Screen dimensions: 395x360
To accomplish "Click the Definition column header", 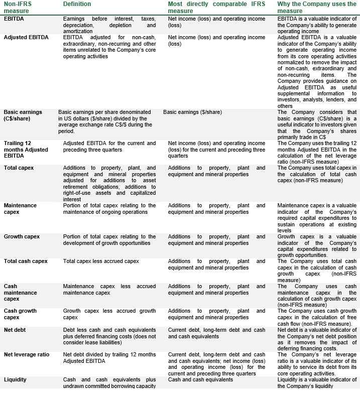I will pyautogui.click(x=77, y=4).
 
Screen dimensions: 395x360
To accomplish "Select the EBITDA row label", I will pyautogui.click(x=14, y=18).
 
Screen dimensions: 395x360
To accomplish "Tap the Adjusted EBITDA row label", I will pyautogui.click(x=27, y=37).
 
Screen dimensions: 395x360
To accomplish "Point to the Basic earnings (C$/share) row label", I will pyautogui.click(x=23, y=115).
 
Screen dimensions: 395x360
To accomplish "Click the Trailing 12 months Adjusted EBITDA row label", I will pyautogui.click(x=26, y=150).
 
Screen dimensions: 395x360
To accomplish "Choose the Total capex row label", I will pyautogui.click(x=19, y=168).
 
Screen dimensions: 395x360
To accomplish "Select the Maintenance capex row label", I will pyautogui.click(x=20, y=209).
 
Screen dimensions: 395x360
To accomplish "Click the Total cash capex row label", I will pyautogui.click(x=26, y=261).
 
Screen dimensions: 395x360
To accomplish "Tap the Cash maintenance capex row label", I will pyautogui.click(x=20, y=293).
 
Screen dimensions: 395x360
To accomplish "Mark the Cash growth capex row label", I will pyautogui.click(x=20, y=314).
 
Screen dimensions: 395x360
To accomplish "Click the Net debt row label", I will pyautogui.click(x=15, y=330).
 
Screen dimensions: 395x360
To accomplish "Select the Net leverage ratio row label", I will pyautogui.click(x=27, y=354).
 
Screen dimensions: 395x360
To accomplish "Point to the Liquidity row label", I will pyautogui.click(x=15, y=379).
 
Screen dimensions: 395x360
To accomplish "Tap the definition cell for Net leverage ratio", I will pyautogui.click(x=109, y=357).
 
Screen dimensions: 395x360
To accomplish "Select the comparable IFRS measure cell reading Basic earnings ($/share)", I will pyautogui.click(x=192, y=112).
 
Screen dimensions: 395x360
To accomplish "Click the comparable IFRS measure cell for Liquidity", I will pyautogui.click(x=200, y=379).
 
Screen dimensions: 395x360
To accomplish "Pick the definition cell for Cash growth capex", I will pyautogui.click(x=109, y=314).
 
